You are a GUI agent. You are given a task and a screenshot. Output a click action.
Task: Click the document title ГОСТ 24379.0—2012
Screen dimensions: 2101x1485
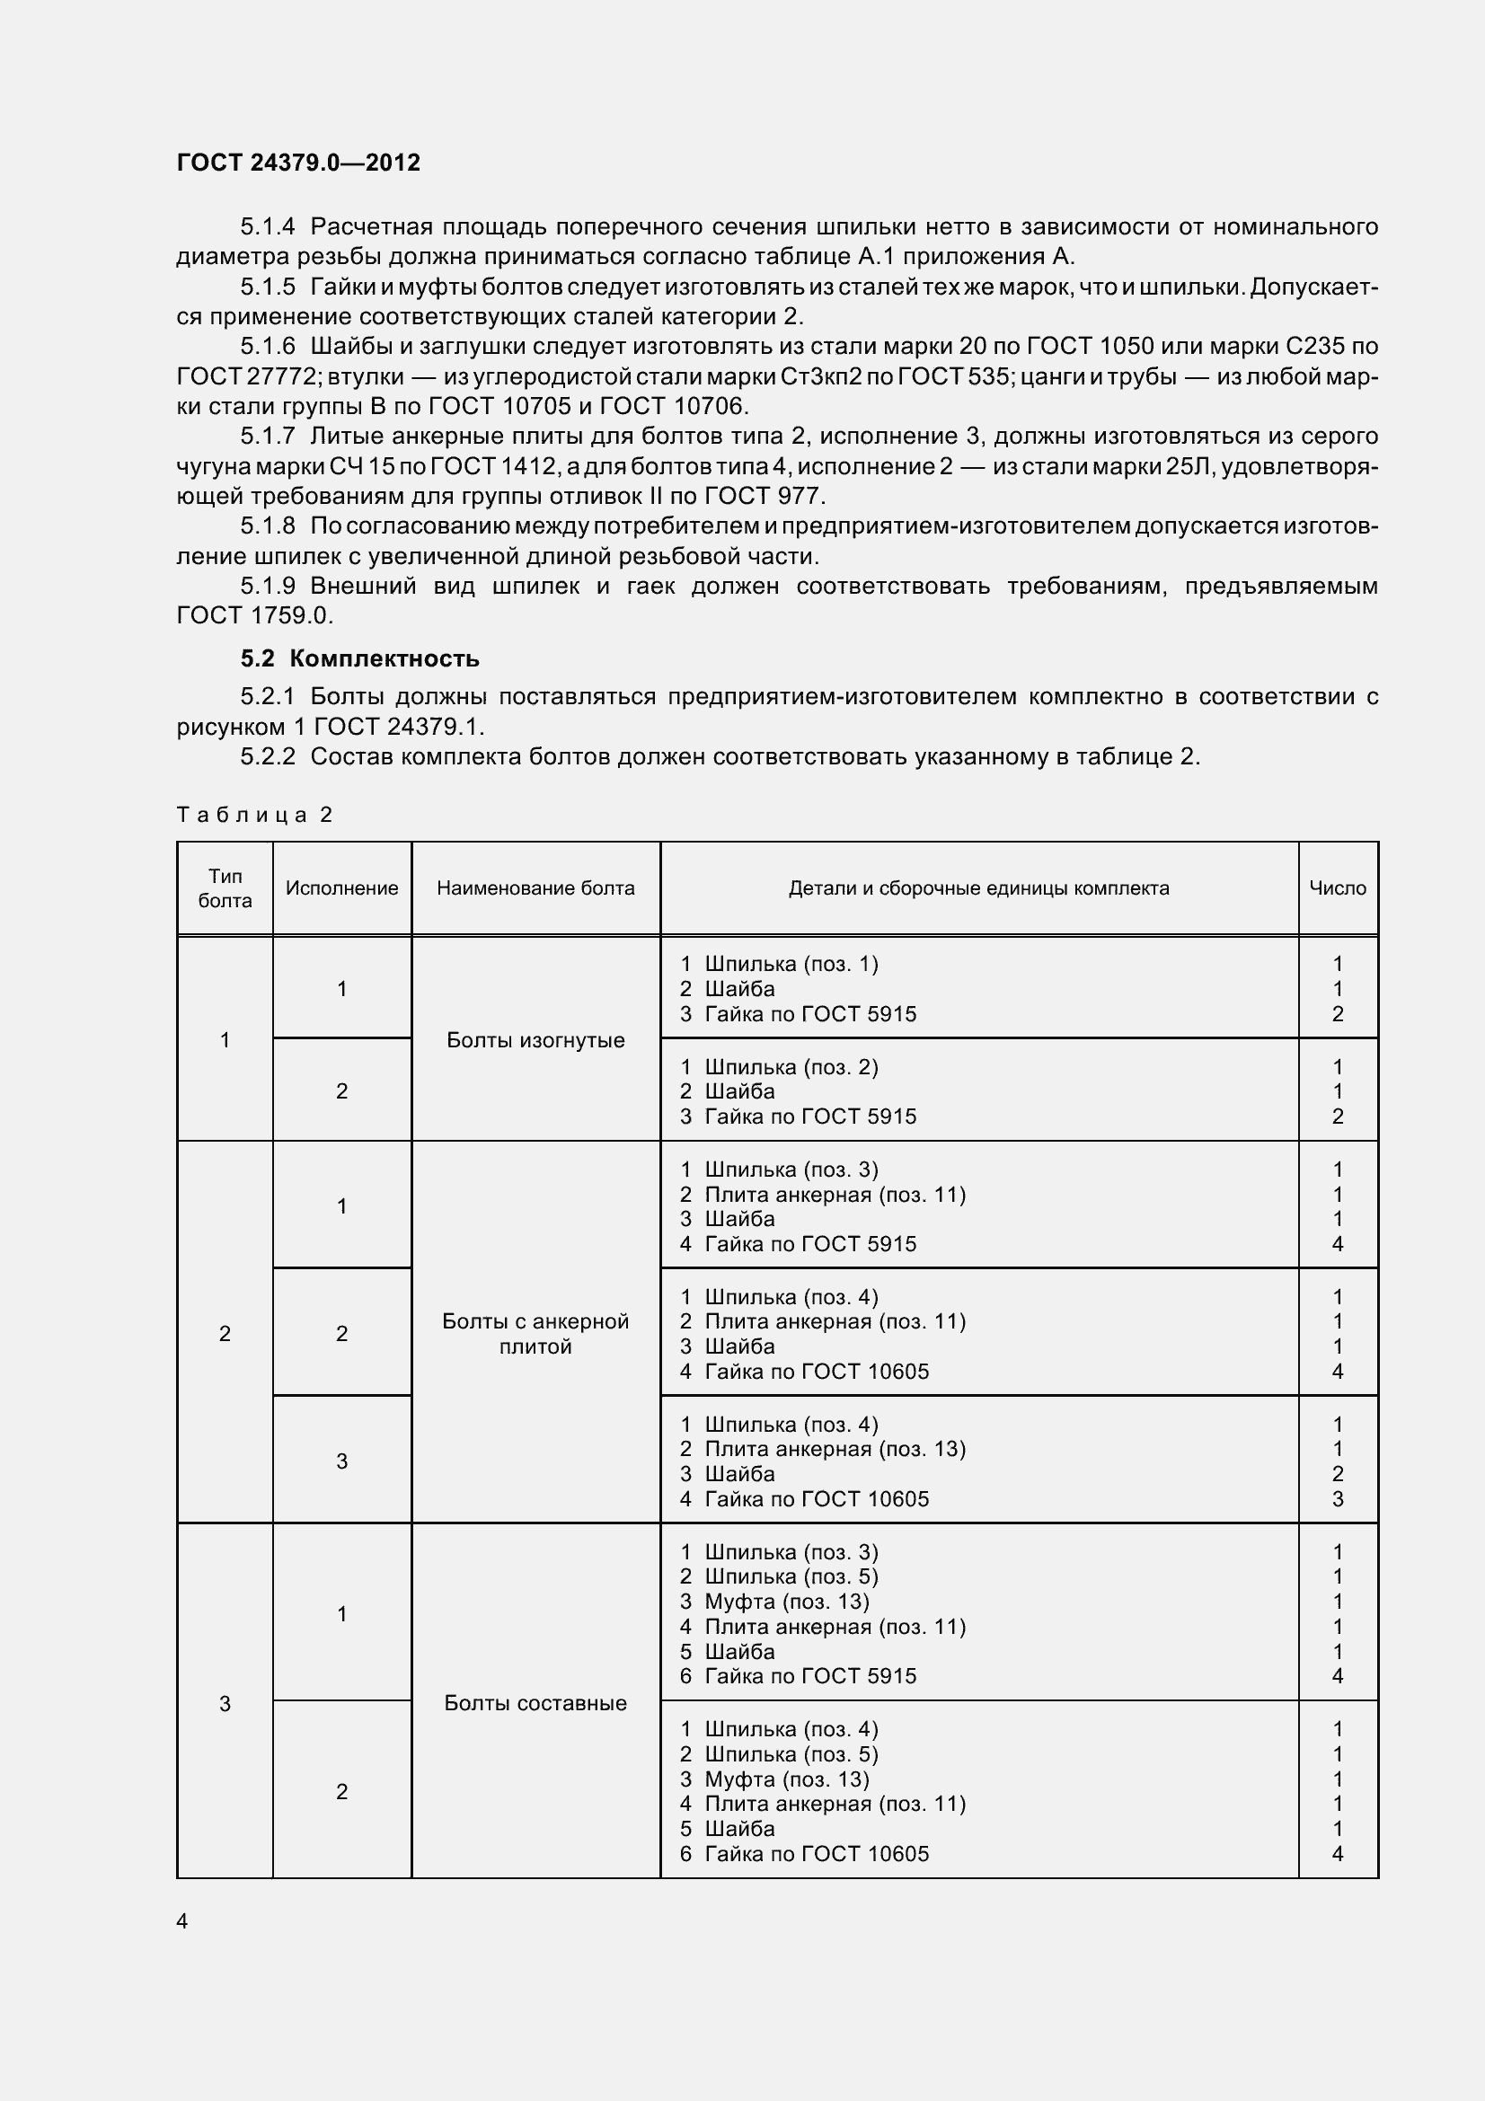[298, 163]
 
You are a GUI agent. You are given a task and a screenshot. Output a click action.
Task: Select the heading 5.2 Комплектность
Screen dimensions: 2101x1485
[359, 658]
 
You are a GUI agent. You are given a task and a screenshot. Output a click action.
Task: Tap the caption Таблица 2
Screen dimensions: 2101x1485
[254, 815]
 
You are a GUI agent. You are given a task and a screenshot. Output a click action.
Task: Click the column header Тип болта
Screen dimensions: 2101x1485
[225, 888]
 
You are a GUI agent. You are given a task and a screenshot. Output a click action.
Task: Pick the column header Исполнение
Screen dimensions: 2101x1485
[341, 888]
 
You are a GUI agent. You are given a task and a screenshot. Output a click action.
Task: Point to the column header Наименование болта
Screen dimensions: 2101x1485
[535, 888]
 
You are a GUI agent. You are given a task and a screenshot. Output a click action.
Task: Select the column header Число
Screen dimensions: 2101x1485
[1337, 888]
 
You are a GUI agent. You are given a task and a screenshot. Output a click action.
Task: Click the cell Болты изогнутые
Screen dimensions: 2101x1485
[535, 1040]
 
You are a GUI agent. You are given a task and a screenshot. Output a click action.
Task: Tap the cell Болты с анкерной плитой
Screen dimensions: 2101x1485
[535, 1333]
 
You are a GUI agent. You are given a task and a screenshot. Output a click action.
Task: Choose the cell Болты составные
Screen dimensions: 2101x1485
[535, 1703]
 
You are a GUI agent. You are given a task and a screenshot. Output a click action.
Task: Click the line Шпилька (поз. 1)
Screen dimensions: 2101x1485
[791, 964]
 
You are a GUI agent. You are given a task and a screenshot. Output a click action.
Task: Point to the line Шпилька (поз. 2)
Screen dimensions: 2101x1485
[791, 1067]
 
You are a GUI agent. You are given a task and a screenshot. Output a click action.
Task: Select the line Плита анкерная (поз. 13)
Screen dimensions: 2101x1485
[835, 1449]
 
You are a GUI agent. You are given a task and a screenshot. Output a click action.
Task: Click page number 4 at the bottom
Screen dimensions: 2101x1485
[182, 1921]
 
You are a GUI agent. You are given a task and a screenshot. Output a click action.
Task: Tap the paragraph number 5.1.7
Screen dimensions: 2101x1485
[268, 437]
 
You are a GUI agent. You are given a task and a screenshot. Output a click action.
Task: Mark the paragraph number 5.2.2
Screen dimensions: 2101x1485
[268, 756]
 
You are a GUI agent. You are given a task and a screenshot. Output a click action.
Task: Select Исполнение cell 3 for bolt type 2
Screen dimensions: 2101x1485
[341, 1461]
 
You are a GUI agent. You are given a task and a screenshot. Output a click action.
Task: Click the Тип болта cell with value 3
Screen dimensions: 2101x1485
[225, 1703]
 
